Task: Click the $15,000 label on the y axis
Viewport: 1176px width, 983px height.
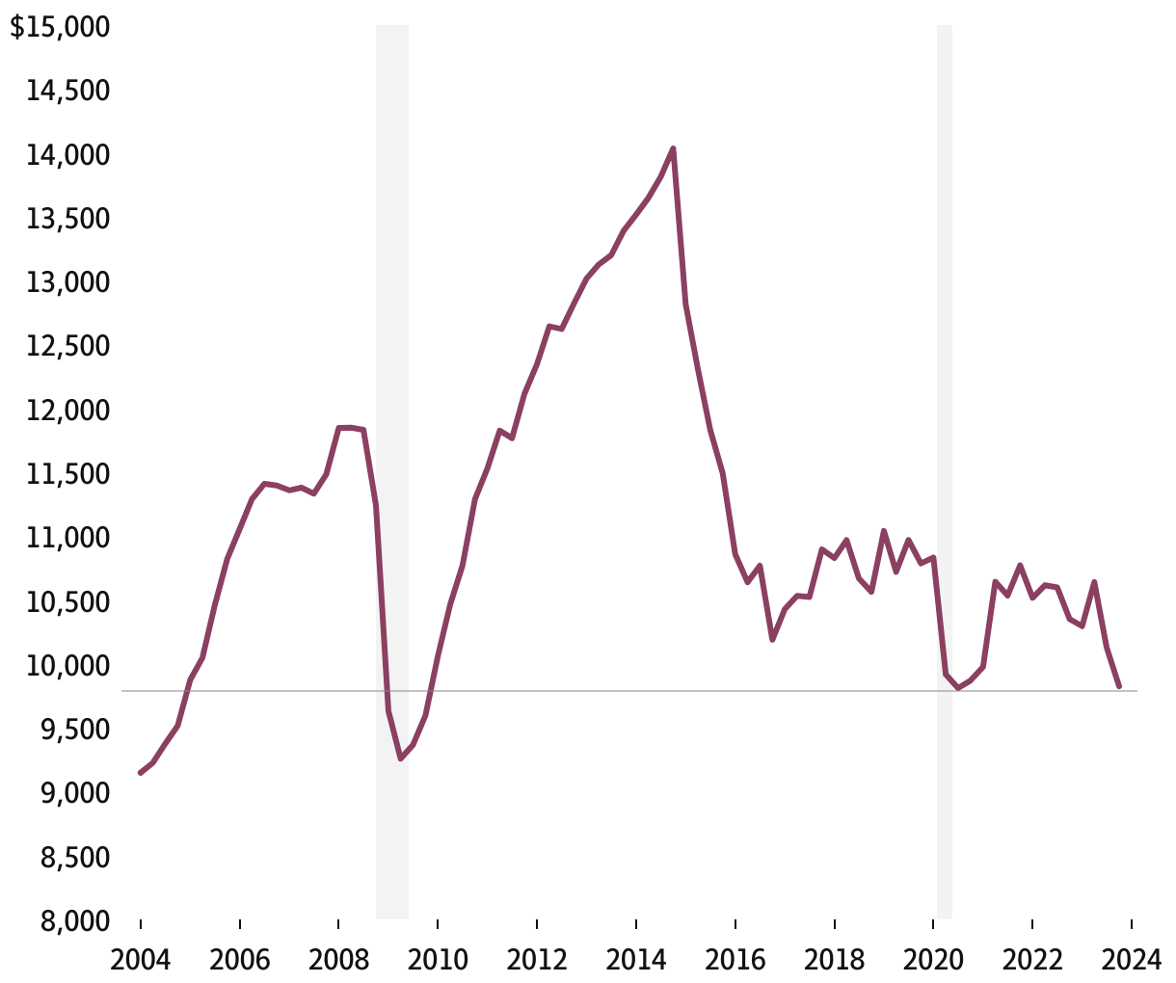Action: tap(60, 27)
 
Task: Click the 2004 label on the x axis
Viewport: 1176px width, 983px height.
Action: tap(141, 960)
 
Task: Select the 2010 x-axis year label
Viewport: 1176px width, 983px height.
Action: tap(438, 960)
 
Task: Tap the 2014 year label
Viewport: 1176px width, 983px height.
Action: tap(636, 960)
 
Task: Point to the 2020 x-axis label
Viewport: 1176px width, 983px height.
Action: tap(933, 960)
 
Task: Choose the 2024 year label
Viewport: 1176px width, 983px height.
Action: tap(1132, 960)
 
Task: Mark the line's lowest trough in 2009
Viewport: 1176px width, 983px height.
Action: tap(401, 758)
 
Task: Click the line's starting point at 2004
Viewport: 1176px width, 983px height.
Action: tap(141, 773)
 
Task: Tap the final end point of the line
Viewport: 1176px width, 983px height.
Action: tap(1119, 686)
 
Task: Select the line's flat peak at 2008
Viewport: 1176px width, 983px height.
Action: tap(351, 427)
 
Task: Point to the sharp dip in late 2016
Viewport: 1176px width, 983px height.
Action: tap(772, 639)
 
